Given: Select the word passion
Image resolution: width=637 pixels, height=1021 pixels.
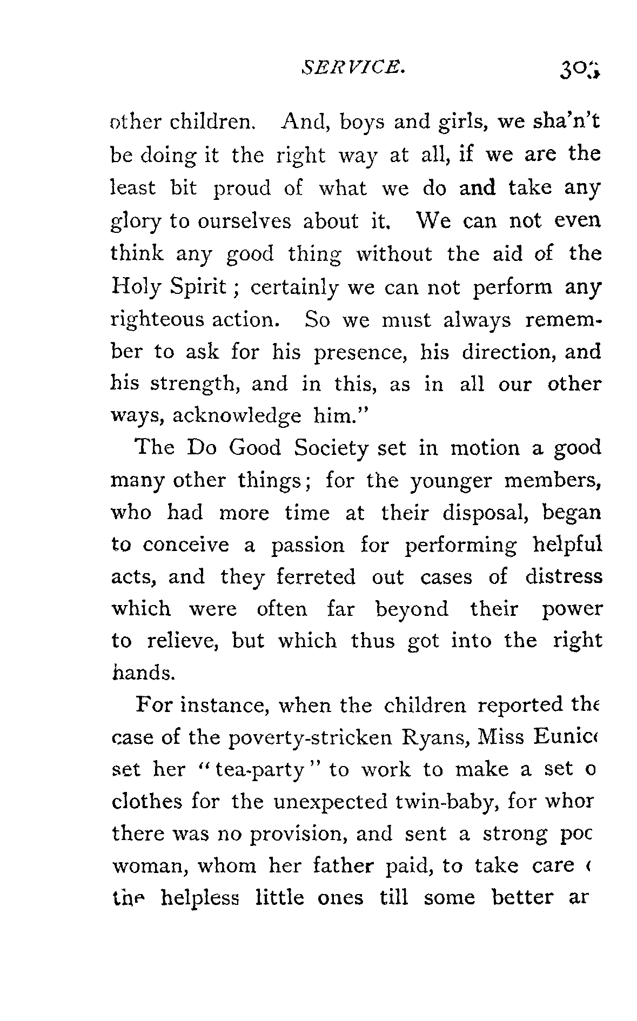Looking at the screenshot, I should [307, 545].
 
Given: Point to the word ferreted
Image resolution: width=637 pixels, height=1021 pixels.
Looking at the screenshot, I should [316, 577].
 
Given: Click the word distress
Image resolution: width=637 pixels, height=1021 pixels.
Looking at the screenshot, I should [564, 577].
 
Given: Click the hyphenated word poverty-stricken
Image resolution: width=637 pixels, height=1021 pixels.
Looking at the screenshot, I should [310, 738].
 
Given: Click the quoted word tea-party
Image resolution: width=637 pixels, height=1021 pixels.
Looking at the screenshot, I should [260, 770].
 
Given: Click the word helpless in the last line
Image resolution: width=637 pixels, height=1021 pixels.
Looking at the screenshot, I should [200, 898].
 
